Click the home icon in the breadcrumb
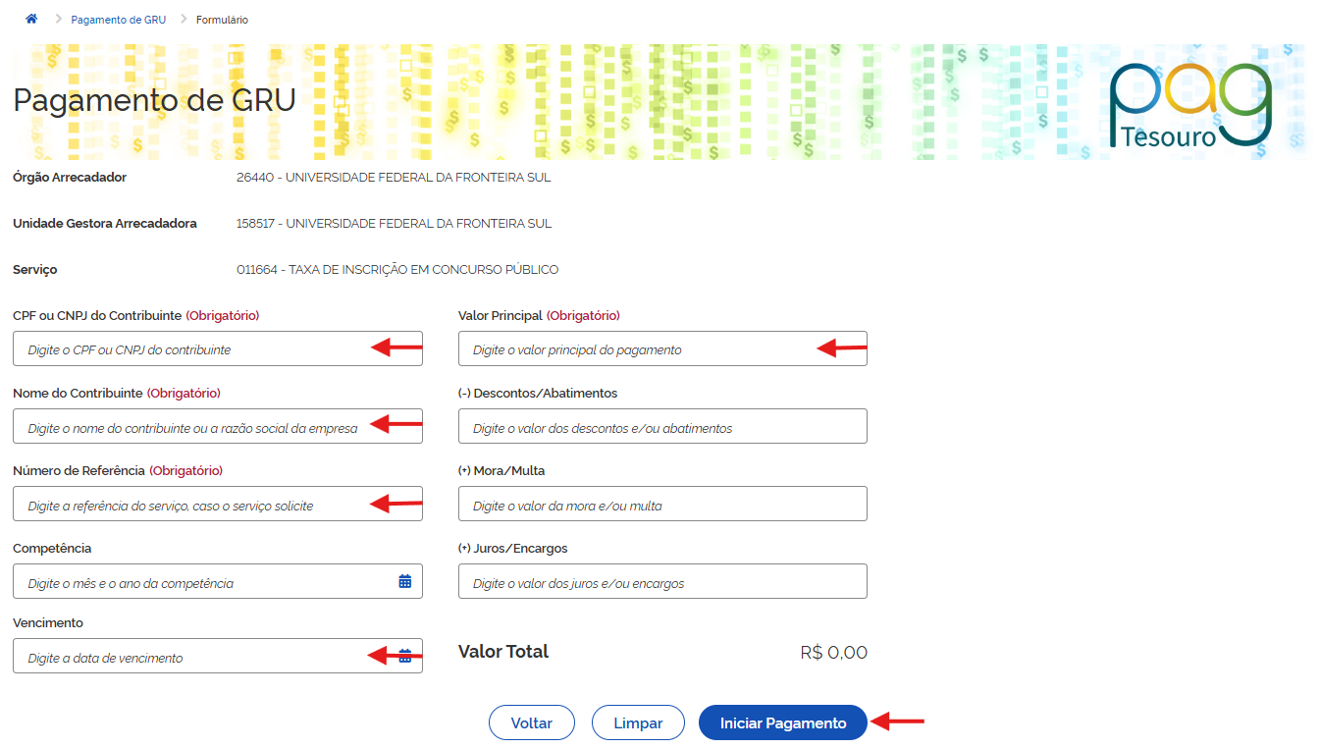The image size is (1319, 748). coord(31,19)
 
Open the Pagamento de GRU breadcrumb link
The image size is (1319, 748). coord(119,20)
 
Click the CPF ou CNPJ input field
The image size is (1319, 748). coord(217,348)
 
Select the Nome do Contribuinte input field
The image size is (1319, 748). coord(217,426)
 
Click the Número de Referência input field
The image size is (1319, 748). coord(217,505)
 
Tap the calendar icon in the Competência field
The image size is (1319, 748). coord(405,581)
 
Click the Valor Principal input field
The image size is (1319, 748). coord(662,348)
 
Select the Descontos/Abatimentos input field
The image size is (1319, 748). coord(662,426)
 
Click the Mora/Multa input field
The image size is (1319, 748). coord(662,505)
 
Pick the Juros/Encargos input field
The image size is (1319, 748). coord(662,581)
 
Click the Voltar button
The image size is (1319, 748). coord(531,722)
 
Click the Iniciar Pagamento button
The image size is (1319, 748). coord(782,722)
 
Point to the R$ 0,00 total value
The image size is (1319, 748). coord(833,653)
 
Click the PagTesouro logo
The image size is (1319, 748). coord(1190,105)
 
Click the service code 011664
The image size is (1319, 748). coord(257,270)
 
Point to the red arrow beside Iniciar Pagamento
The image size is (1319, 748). coord(897,721)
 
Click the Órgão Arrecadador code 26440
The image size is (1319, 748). coord(255,178)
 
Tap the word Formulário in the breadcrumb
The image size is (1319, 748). coord(222,20)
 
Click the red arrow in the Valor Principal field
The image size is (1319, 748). coord(841,347)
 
